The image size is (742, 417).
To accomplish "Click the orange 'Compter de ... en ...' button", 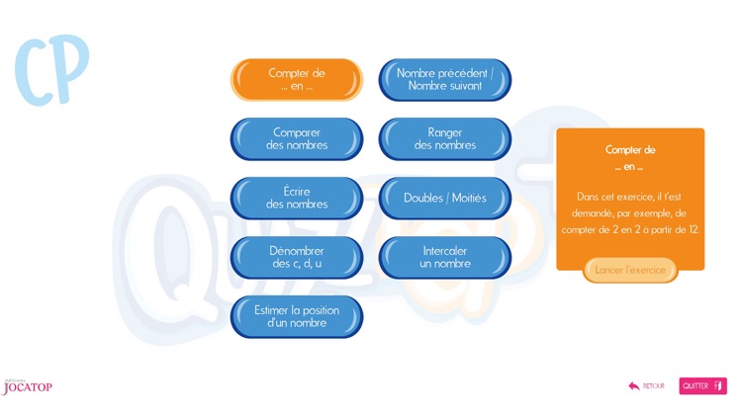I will [x=296, y=80].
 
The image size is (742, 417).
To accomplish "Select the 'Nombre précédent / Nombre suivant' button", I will [x=444, y=80].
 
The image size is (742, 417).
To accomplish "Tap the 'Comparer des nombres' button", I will [x=296, y=139].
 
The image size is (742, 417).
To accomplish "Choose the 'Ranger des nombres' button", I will [x=444, y=139].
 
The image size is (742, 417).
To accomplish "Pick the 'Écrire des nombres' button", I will [x=296, y=199].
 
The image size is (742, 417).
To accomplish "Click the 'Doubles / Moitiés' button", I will [x=444, y=199].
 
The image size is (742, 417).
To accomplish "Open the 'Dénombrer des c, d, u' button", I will [x=296, y=258].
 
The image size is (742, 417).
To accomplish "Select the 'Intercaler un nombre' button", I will [x=444, y=258].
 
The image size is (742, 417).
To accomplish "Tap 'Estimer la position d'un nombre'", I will [x=296, y=317].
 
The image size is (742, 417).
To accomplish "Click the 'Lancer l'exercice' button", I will [x=630, y=270].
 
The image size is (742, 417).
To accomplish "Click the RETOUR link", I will [x=653, y=386].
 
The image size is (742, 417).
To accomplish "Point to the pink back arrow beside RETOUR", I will [x=634, y=386].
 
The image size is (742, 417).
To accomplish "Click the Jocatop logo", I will [x=27, y=387].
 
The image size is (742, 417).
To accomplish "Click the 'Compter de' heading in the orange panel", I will [x=630, y=150].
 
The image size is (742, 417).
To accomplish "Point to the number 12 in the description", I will [x=694, y=229].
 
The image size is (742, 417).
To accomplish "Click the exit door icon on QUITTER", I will [x=718, y=386].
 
